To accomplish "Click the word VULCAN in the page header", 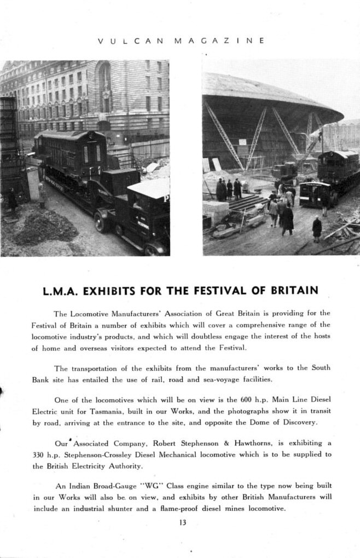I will pyautogui.click(x=125, y=41).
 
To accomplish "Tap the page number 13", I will pyautogui.click(x=182, y=522).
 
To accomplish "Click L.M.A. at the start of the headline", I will pyautogui.click(x=62, y=290).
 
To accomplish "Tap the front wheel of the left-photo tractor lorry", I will pyautogui.click(x=102, y=222).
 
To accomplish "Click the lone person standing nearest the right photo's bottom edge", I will pyautogui.click(x=317, y=228).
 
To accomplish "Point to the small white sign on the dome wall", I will pyautogui.click(x=242, y=142).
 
